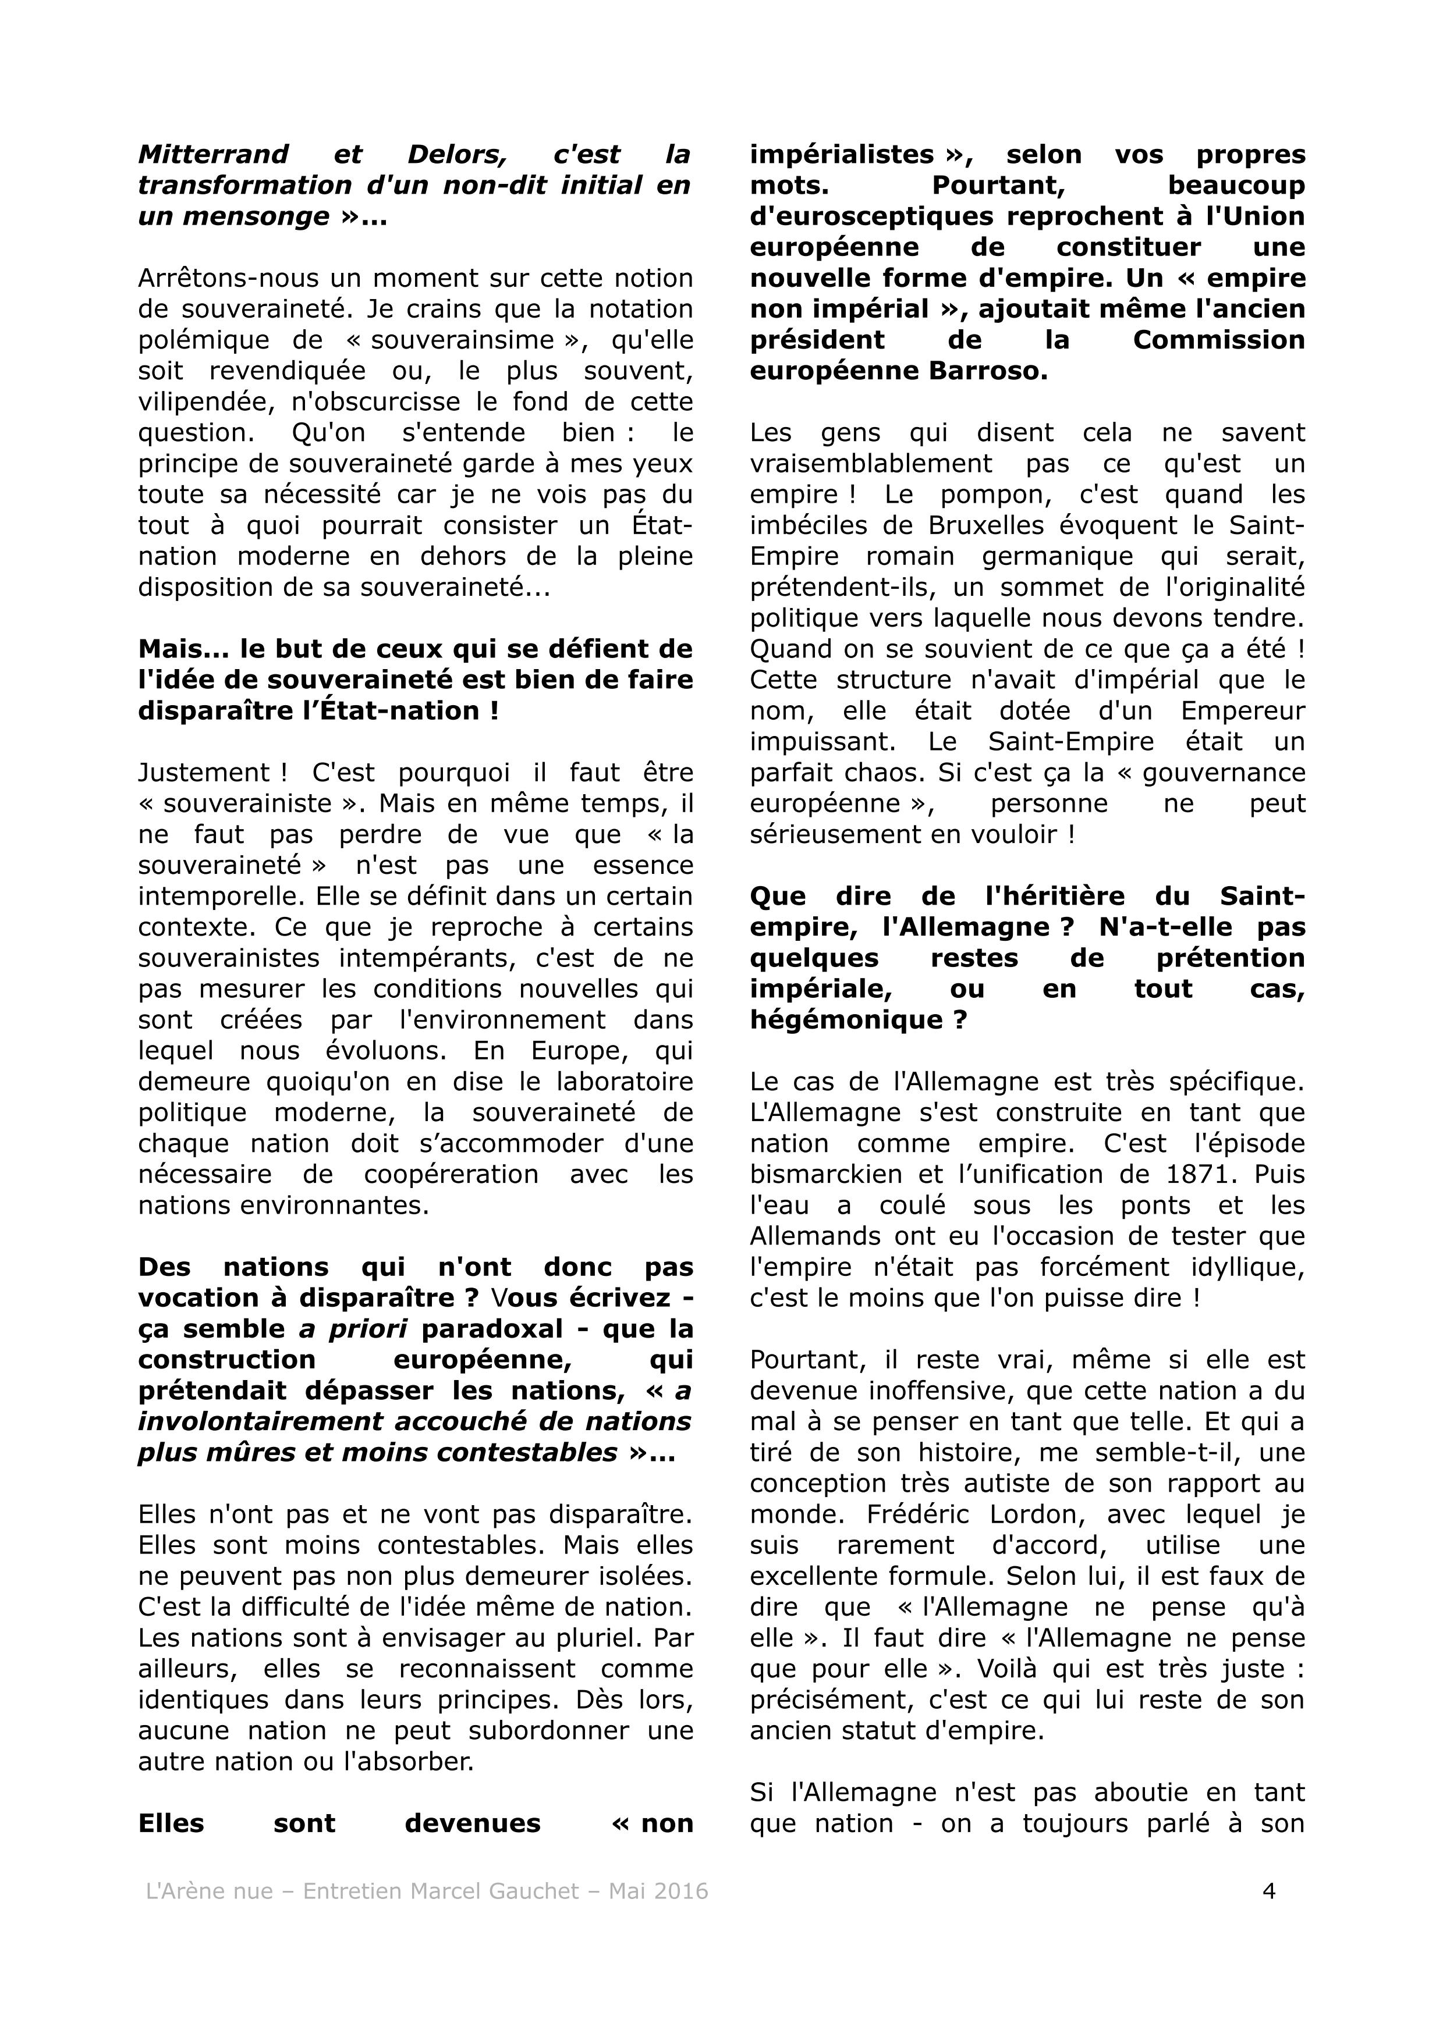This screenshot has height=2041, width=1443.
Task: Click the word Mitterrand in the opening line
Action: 214,155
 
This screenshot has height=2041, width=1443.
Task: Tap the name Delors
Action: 456,155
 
